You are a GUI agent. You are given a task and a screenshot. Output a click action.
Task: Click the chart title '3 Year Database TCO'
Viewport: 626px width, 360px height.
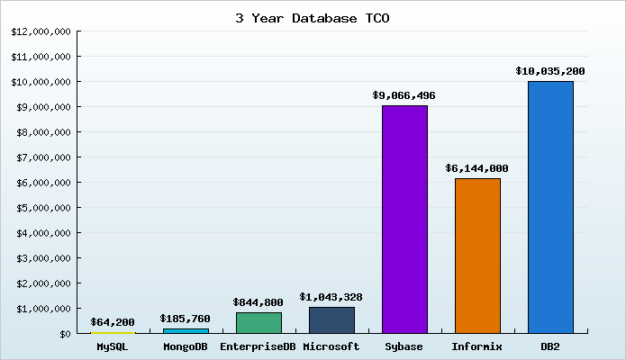(313, 17)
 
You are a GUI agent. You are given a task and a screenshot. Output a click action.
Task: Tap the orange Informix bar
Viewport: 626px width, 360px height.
(477, 256)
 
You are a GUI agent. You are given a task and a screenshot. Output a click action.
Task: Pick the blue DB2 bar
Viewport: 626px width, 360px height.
(550, 207)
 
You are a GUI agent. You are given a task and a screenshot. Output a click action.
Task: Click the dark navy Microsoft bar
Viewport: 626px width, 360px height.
(331, 319)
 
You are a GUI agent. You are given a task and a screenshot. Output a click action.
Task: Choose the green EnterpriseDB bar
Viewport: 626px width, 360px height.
(259, 322)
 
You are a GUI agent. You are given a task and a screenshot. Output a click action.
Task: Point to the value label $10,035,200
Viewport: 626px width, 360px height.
(550, 70)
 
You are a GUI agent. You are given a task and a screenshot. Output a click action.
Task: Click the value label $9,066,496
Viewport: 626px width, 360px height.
(404, 94)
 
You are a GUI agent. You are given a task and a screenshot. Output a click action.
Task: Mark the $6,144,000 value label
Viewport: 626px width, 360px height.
(477, 168)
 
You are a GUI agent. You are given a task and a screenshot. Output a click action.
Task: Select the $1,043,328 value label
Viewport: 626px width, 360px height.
(331, 296)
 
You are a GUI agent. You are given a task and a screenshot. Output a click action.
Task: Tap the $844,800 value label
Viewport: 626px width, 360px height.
(259, 302)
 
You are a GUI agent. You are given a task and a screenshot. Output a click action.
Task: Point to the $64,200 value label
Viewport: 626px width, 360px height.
(113, 321)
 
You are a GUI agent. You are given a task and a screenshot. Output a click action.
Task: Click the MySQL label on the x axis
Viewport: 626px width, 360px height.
(113, 346)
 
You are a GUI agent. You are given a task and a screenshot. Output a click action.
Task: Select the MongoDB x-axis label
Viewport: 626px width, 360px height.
(186, 346)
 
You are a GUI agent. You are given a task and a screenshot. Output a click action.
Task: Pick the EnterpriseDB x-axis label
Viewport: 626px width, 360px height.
(259, 346)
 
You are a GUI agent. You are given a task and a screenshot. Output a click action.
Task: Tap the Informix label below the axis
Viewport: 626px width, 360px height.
(477, 346)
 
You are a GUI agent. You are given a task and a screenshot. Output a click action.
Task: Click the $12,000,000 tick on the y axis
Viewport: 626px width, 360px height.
(41, 31)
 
